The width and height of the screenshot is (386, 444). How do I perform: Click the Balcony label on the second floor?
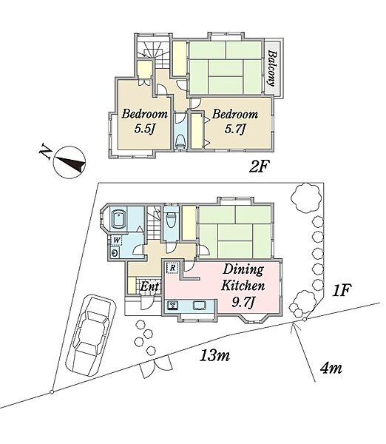(x=271, y=68)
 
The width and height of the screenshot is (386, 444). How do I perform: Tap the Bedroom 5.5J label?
(x=145, y=122)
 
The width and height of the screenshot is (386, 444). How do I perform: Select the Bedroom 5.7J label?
(x=235, y=122)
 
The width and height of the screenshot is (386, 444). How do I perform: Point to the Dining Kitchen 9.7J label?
(x=243, y=286)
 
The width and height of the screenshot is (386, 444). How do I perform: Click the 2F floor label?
(x=258, y=166)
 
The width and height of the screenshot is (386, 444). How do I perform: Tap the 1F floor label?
(x=342, y=291)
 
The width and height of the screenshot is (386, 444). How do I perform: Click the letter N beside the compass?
(x=45, y=152)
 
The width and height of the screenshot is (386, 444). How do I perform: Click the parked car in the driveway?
(x=90, y=335)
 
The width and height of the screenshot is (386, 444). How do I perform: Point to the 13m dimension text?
(x=214, y=355)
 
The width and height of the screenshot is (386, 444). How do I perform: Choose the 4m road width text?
(x=331, y=368)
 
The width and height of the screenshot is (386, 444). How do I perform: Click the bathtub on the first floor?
(x=119, y=219)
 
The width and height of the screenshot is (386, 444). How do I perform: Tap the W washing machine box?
(x=116, y=240)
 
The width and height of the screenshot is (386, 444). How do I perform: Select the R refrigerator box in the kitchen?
(x=172, y=268)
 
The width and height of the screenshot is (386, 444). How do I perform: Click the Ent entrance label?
(x=149, y=286)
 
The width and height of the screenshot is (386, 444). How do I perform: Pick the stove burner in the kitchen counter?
(x=172, y=306)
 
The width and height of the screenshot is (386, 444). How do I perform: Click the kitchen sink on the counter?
(x=200, y=305)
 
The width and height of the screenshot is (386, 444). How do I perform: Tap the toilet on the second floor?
(x=180, y=141)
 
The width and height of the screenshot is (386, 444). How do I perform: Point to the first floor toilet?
(x=171, y=220)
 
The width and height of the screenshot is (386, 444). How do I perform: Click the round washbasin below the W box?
(x=115, y=253)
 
